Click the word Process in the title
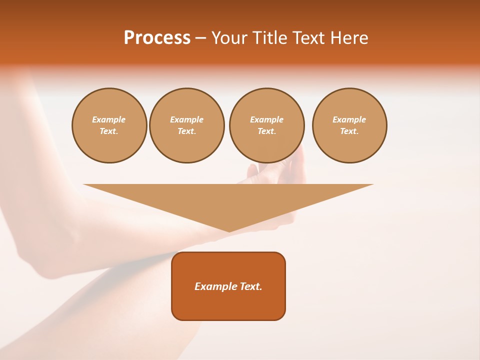pos(157,38)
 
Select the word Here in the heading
pos(348,38)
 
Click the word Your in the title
pos(229,38)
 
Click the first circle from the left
pos(109,125)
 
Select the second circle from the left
pos(187,125)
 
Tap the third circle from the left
pos(267,125)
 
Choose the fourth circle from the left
pos(349,125)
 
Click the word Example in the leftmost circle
pos(109,119)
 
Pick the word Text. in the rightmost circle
pos(349,131)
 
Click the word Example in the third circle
pos(267,119)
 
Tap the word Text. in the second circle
pos(187,131)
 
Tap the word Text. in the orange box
pos(250,286)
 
